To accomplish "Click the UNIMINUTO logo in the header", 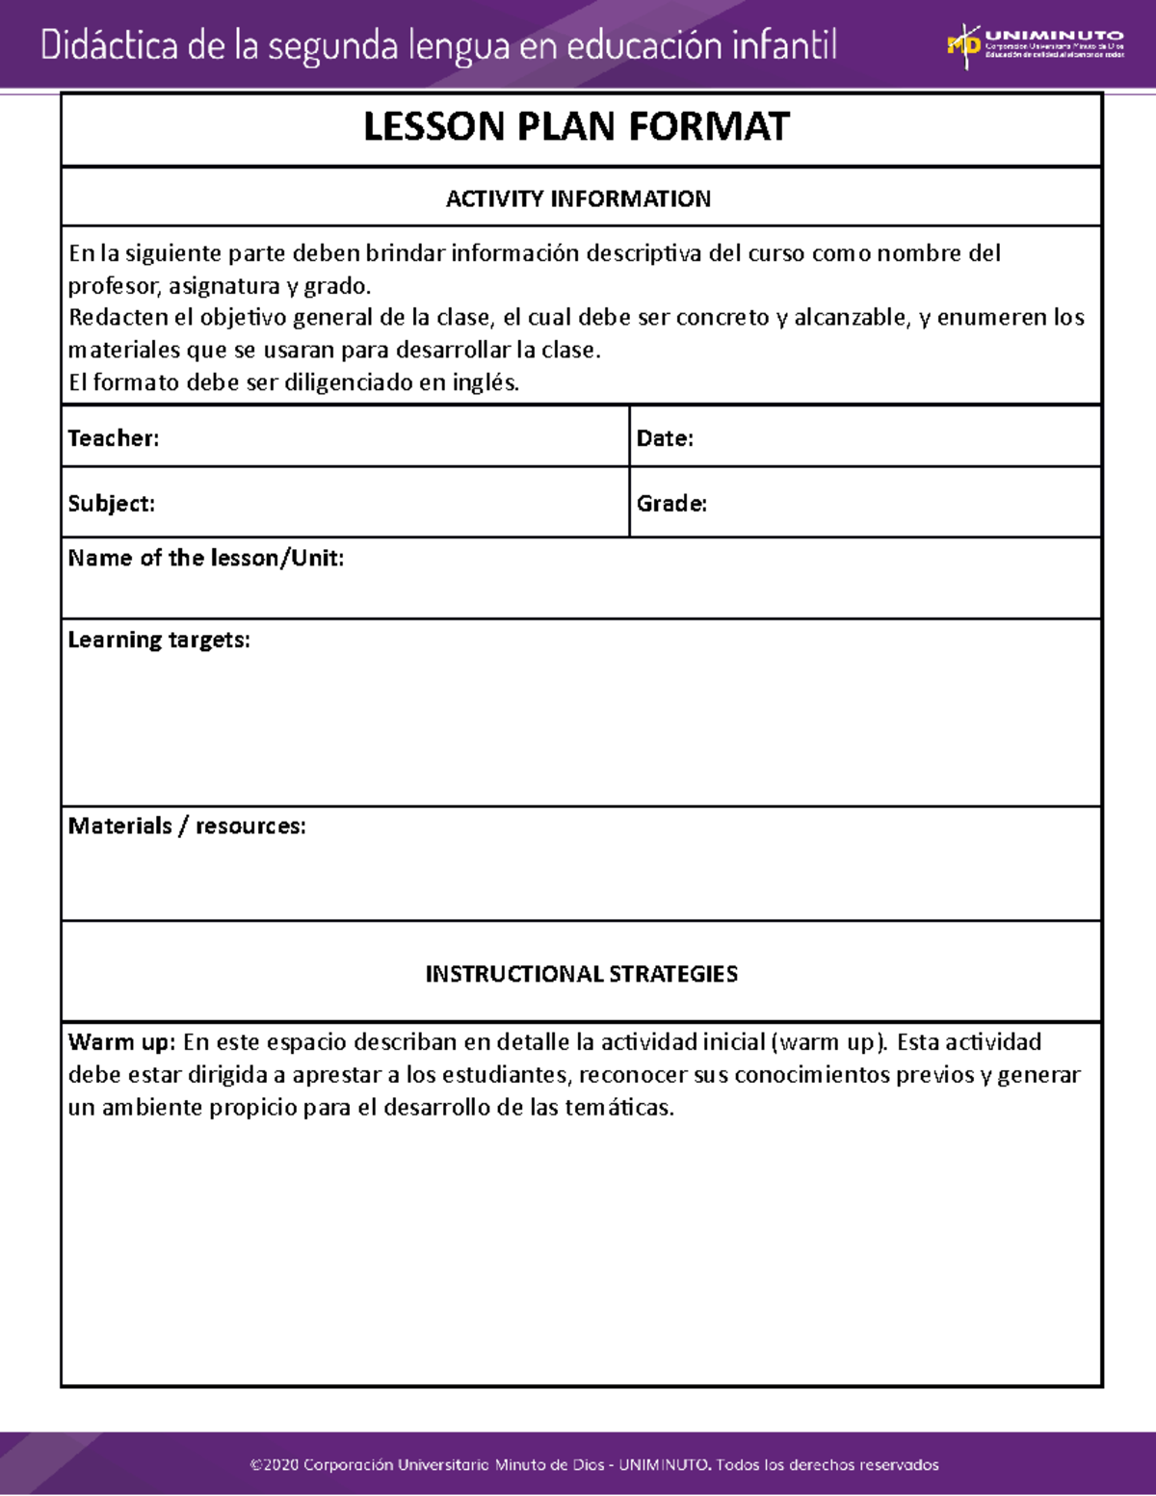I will (x=1035, y=45).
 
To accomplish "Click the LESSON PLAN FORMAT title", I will (x=576, y=127).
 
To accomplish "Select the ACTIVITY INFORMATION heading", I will (x=578, y=198).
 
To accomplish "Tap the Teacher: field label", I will (x=114, y=438).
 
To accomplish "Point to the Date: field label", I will (x=665, y=438).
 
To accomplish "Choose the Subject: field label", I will (x=111, y=504).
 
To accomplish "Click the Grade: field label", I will (x=671, y=504).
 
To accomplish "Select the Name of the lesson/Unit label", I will (x=205, y=559).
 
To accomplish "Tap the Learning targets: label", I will (x=159, y=641).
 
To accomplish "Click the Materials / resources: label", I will (x=187, y=827).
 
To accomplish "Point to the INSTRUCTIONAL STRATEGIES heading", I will (x=582, y=974).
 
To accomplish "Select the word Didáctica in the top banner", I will (x=109, y=45).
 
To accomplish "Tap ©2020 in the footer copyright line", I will (x=274, y=1465).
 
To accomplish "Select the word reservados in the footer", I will (x=898, y=1465).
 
